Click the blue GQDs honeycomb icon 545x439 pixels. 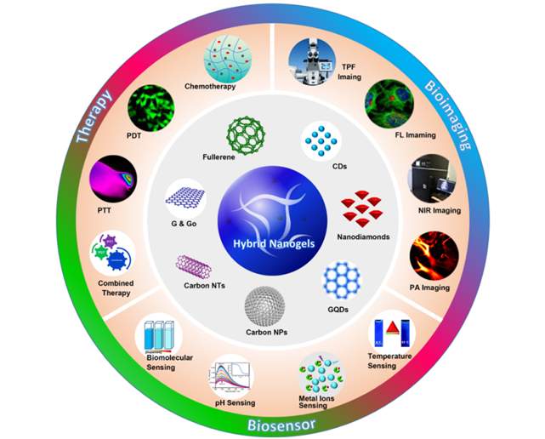click(341, 277)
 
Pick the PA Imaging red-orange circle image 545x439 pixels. click(434, 254)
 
